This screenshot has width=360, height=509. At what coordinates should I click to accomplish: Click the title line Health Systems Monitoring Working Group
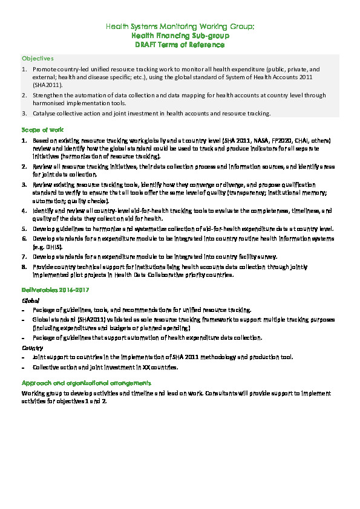pyautogui.click(x=180, y=27)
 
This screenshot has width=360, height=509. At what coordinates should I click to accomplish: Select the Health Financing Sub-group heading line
pyautogui.click(x=180, y=36)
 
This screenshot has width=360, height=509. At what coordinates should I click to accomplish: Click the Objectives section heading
pyautogui.click(x=38, y=59)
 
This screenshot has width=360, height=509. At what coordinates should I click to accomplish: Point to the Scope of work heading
pyautogui.click(x=43, y=129)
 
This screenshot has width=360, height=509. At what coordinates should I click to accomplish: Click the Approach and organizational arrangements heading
pyautogui.click(x=86, y=383)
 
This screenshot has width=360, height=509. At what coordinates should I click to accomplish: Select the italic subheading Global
pyautogui.click(x=30, y=300)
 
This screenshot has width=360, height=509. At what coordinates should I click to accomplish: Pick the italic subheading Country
pyautogui.click(x=32, y=348)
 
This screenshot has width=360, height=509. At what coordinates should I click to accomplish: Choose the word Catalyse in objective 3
pyautogui.click(x=45, y=113)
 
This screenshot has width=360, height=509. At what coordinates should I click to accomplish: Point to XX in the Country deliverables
pyautogui.click(x=148, y=367)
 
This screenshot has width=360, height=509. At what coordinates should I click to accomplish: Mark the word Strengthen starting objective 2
pyautogui.click(x=50, y=95)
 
